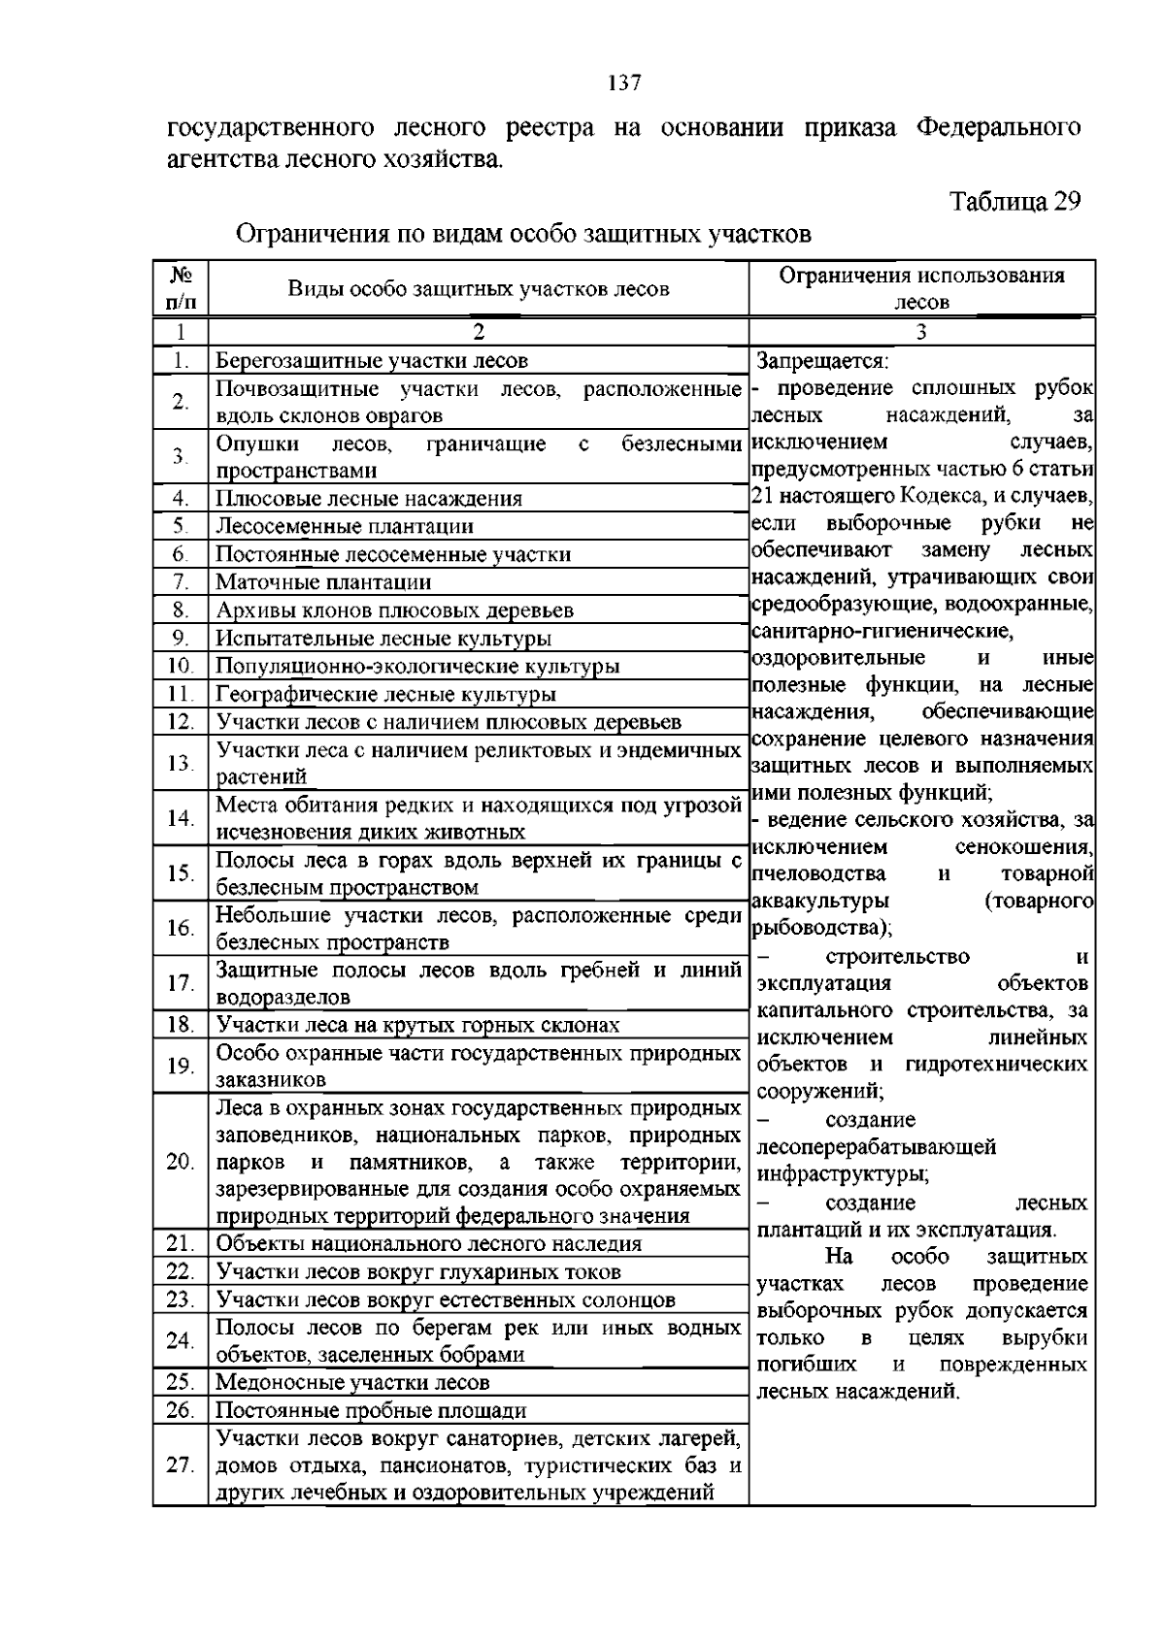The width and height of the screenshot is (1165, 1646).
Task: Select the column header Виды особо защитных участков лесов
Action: coord(478,288)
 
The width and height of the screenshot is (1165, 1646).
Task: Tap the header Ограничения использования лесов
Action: coord(921,287)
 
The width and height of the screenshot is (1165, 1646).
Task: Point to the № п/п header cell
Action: coord(180,287)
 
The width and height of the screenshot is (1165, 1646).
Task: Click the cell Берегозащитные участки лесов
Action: coord(372,361)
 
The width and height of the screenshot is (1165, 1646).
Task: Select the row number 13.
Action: coord(180,763)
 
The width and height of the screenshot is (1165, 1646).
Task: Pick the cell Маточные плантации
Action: coord(323,582)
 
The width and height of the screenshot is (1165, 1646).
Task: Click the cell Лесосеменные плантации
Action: coord(344,526)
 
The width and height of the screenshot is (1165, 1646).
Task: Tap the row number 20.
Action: coord(180,1162)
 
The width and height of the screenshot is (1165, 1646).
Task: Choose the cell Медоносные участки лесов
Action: coord(352,1382)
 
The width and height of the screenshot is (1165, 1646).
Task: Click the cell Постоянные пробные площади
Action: coord(371,1410)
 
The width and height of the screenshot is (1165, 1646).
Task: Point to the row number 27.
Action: coord(180,1465)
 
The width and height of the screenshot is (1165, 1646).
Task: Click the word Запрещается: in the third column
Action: coord(822,361)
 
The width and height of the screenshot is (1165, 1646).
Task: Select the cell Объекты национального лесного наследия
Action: coord(428,1243)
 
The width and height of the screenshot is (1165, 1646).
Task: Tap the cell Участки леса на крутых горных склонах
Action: coord(417,1025)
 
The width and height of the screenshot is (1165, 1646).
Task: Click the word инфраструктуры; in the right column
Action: coord(842,1174)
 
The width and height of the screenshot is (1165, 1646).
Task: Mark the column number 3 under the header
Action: coord(921,331)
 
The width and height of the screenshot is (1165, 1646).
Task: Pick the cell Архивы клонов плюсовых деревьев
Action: coord(394,610)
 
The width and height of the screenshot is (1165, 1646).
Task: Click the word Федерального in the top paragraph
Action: coord(999,127)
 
